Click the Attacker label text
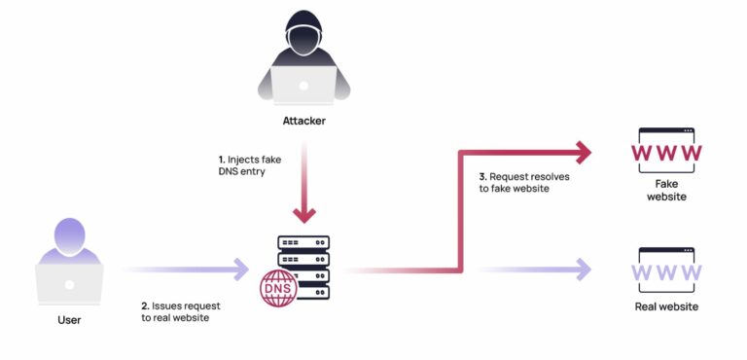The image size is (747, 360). pyautogui.click(x=304, y=122)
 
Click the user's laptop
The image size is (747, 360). pyautogui.click(x=70, y=282)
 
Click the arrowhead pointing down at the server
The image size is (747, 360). pyautogui.click(x=304, y=212)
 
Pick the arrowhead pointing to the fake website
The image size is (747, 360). pyautogui.click(x=583, y=153)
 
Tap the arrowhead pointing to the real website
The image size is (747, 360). pyautogui.click(x=583, y=270)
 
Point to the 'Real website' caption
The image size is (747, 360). pyautogui.click(x=665, y=307)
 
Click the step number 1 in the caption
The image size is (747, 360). pyautogui.click(x=221, y=158)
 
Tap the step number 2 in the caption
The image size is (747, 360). pyautogui.click(x=144, y=305)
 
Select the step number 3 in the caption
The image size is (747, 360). pyautogui.click(x=481, y=177)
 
